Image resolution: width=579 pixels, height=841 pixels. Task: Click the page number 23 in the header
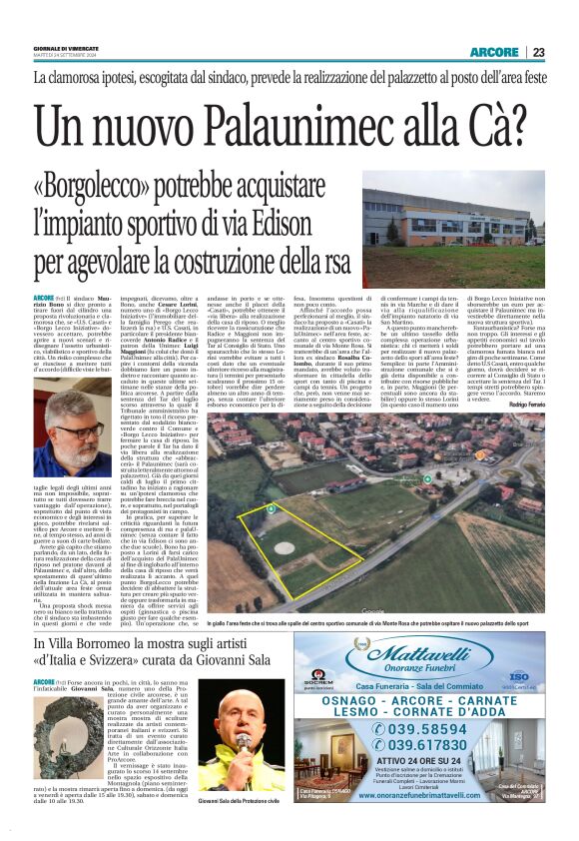tap(565, 53)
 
